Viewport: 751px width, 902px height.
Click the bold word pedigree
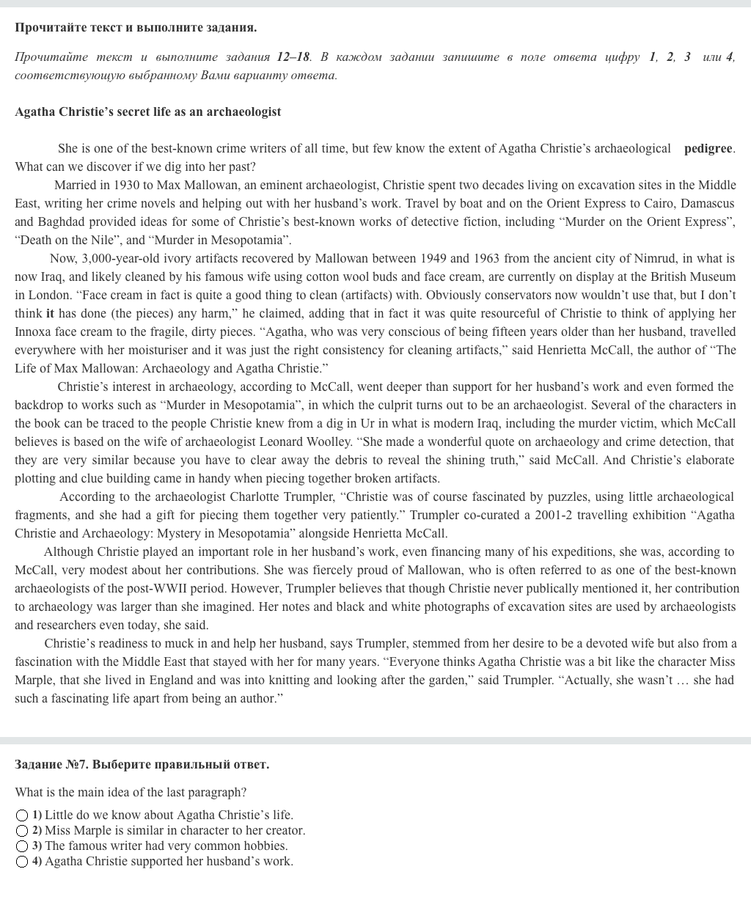pos(708,149)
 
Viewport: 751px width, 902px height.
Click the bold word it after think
pos(50,314)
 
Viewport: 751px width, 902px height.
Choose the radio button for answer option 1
pos(23,815)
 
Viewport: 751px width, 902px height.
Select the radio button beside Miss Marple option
pos(23,831)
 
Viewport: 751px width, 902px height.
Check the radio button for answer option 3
pos(23,846)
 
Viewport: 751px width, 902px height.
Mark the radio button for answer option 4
pos(23,862)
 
